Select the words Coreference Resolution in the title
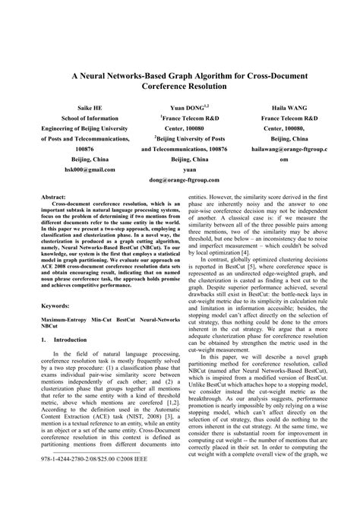180,87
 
